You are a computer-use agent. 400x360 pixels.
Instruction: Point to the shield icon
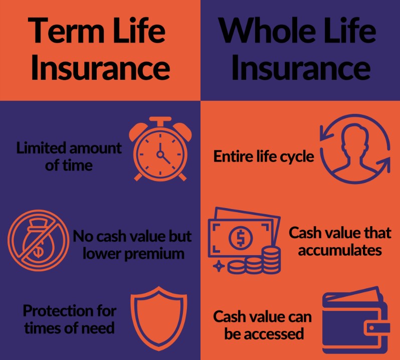[x=155, y=316]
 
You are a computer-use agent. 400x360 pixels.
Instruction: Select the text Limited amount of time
[x=69, y=156]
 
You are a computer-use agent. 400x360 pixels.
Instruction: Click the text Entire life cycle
[x=264, y=156]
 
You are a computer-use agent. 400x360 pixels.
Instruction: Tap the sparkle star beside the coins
[x=218, y=267]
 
